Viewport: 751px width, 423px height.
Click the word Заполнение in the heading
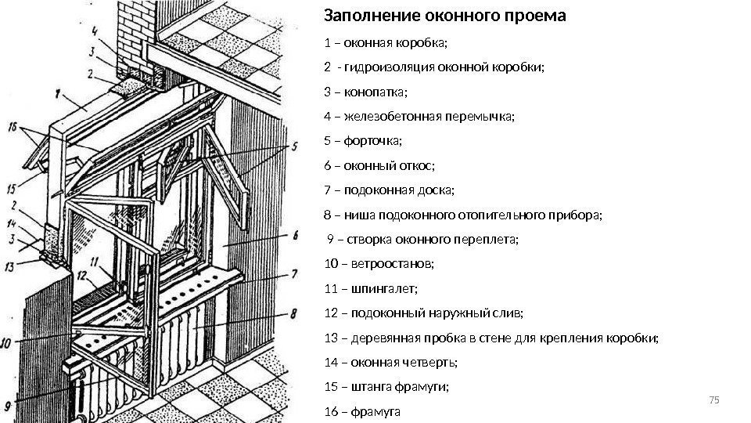(x=362, y=16)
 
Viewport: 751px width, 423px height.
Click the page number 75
(x=712, y=401)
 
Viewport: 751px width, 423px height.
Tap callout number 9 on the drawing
(x=8, y=406)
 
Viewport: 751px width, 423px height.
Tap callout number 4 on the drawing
(x=94, y=32)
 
